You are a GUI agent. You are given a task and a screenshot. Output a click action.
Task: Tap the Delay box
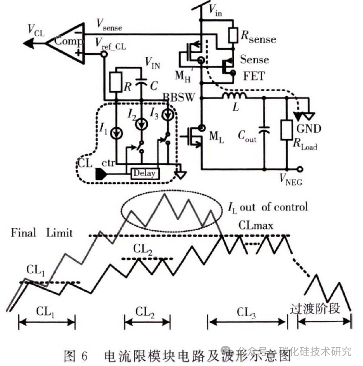[x=145, y=173]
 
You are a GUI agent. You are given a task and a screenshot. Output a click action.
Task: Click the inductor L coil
[x=234, y=95]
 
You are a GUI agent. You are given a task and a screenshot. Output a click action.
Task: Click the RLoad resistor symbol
[x=287, y=130]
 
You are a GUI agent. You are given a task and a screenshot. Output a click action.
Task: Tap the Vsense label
[x=110, y=27]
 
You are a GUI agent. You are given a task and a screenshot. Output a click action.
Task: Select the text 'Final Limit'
[x=42, y=233]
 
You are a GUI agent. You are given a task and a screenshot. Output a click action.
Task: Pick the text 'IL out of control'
[x=267, y=207]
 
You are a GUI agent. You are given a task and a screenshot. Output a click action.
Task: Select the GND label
[x=309, y=129]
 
